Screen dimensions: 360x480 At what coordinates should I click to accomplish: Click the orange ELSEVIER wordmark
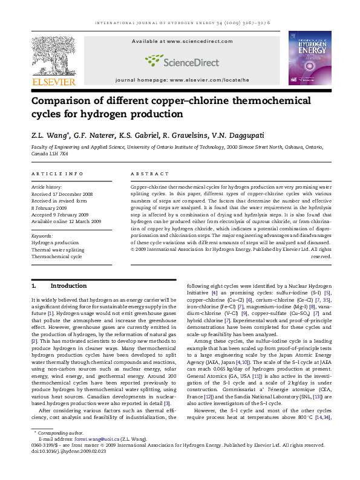point(53,82)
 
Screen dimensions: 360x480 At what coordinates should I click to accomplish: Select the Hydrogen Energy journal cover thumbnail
point(309,58)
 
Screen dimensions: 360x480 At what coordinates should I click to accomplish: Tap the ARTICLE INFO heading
point(57,174)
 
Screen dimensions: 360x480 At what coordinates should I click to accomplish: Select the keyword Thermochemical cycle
point(56,256)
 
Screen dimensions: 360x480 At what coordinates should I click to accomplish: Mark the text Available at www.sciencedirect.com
point(179,41)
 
